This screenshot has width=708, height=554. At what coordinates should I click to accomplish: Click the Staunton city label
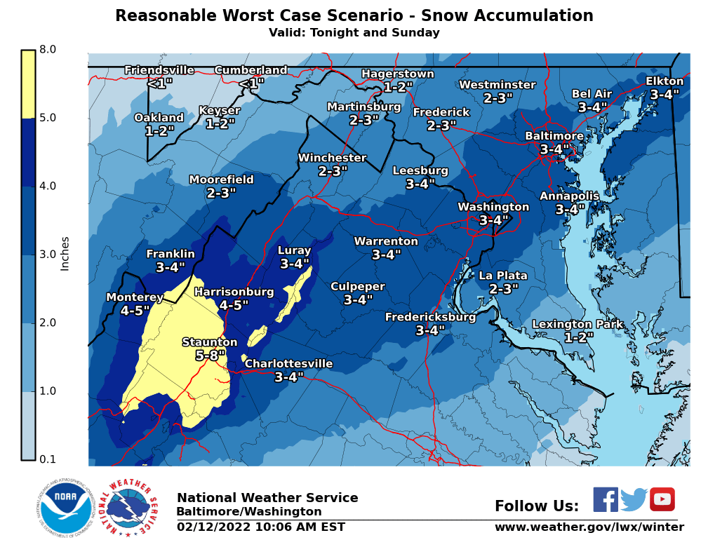(x=210, y=342)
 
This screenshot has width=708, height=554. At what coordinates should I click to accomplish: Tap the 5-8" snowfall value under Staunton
(x=210, y=356)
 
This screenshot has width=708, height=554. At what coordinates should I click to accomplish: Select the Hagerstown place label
(x=398, y=74)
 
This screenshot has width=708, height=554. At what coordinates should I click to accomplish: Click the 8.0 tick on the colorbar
(x=48, y=50)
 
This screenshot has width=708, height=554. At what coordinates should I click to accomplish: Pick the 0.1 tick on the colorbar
(x=48, y=459)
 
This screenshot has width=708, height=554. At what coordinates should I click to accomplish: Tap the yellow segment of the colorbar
(x=28, y=84)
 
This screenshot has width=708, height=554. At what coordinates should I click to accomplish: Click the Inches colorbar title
(x=65, y=253)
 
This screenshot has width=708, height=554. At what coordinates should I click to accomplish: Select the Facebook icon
(x=606, y=500)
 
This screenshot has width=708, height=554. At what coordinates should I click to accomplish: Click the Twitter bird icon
(x=634, y=500)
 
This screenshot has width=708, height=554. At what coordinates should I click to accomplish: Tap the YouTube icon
(x=662, y=500)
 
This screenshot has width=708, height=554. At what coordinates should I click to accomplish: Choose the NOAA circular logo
(x=66, y=509)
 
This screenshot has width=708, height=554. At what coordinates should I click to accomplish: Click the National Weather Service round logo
(x=127, y=509)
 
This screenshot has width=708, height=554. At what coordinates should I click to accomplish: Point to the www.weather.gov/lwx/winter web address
(x=589, y=527)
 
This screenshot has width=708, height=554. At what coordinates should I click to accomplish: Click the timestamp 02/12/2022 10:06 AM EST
(x=261, y=527)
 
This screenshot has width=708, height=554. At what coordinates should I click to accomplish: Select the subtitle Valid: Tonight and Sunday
(x=354, y=33)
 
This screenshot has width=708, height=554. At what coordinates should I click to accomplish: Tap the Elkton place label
(x=664, y=81)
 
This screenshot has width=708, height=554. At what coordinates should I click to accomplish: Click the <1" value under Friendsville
(x=159, y=83)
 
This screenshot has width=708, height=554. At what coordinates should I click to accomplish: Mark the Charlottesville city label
(x=288, y=364)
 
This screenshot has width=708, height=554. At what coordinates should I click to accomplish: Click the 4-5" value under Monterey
(x=135, y=311)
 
